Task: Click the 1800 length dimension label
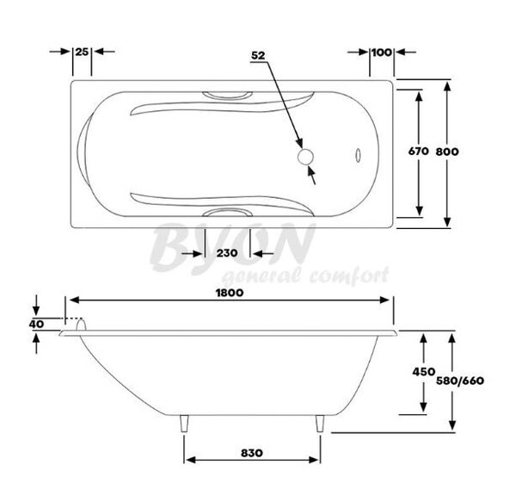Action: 230,293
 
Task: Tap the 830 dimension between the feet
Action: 252,453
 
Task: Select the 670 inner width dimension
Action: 419,151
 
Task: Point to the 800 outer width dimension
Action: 447,152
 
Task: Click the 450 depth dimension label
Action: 424,372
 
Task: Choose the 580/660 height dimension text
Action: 460,381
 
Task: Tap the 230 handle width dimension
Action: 227,253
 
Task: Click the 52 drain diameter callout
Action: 258,55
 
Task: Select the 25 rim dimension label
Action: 82,52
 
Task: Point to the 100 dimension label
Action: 382,52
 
